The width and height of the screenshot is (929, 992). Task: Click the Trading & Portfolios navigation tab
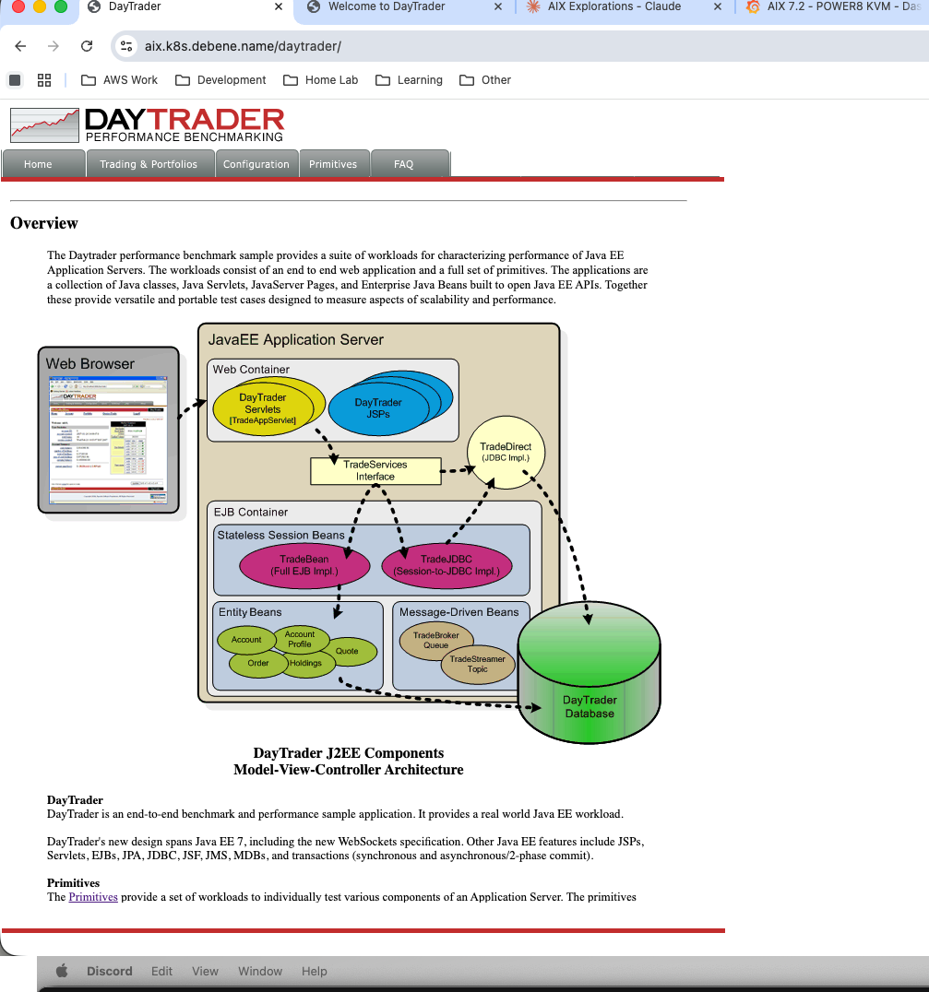(149, 164)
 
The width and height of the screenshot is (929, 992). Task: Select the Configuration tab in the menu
(256, 164)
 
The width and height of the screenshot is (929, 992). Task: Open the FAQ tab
(404, 164)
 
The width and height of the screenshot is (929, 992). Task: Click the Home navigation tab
(38, 164)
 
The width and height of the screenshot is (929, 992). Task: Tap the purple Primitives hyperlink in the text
(93, 897)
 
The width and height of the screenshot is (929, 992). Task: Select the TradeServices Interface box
(375, 471)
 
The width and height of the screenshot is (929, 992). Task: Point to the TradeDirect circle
(506, 452)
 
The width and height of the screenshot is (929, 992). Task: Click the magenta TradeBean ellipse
(304, 565)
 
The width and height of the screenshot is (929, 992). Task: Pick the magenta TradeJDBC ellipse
(447, 565)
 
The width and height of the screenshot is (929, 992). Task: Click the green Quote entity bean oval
(348, 651)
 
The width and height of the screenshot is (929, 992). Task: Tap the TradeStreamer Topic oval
(478, 664)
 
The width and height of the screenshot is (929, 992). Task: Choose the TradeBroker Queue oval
(436, 640)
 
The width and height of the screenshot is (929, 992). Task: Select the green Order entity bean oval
(258, 663)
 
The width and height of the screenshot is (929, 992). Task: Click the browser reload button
(87, 46)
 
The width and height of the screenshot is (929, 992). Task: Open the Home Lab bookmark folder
(321, 80)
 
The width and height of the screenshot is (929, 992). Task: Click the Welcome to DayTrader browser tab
(387, 7)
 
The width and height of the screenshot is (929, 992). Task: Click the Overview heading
(44, 223)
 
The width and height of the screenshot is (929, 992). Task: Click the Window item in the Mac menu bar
(260, 971)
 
